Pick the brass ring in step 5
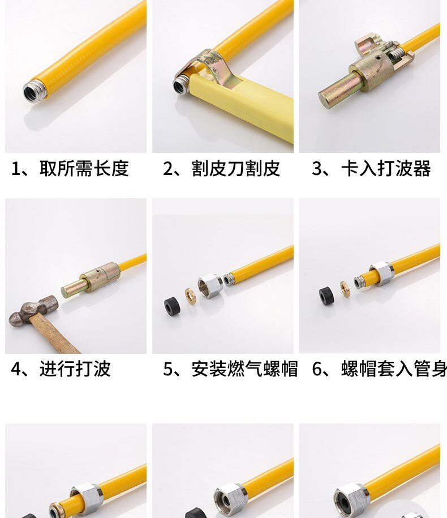190,296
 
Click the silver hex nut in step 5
210,286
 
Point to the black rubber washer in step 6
326,295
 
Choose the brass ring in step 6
345,288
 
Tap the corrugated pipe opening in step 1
33,92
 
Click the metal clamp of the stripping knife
214,66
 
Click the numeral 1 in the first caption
15,169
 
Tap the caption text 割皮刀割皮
236,169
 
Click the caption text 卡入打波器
386,169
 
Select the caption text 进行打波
75,369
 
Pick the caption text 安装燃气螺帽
244,369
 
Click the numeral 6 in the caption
317,369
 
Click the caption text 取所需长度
84,169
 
